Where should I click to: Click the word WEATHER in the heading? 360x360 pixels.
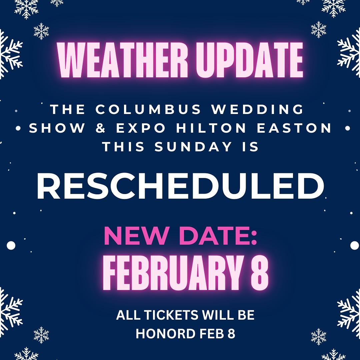click(123, 60)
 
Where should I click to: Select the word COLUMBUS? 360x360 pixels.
click(148, 109)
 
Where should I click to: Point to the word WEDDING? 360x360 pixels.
click(258, 109)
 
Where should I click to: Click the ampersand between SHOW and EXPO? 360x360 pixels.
click(101, 128)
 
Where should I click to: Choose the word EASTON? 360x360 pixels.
click(294, 128)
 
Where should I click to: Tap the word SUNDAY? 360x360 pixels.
click(193, 147)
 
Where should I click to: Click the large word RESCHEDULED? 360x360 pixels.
click(180, 186)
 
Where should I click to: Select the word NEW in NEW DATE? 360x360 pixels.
click(135, 236)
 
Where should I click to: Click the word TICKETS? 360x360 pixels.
click(171, 315)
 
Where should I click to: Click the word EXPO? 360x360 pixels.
click(141, 128)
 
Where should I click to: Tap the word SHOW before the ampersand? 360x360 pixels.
click(57, 128)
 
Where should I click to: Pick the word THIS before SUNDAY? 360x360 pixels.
click(123, 147)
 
